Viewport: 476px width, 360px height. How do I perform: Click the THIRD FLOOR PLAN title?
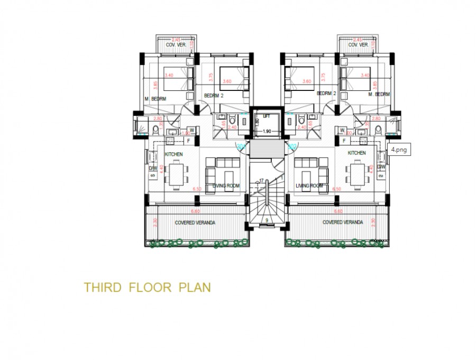(x=148, y=288)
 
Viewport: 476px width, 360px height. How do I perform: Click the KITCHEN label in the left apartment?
(x=174, y=153)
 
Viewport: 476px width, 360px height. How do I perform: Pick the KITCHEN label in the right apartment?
(x=356, y=153)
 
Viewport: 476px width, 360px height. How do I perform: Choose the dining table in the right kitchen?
(x=356, y=173)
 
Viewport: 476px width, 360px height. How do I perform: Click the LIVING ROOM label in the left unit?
(x=226, y=186)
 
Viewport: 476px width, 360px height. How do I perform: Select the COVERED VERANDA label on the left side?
(x=195, y=223)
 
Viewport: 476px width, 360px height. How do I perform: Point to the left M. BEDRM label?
(x=155, y=99)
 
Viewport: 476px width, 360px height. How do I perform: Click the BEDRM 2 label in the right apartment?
(x=326, y=93)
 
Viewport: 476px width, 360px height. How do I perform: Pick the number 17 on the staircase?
(x=261, y=181)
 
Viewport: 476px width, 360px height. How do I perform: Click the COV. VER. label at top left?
(x=175, y=45)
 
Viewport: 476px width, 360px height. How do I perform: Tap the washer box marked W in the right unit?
(x=343, y=130)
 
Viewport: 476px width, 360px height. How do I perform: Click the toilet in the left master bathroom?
(x=155, y=130)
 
